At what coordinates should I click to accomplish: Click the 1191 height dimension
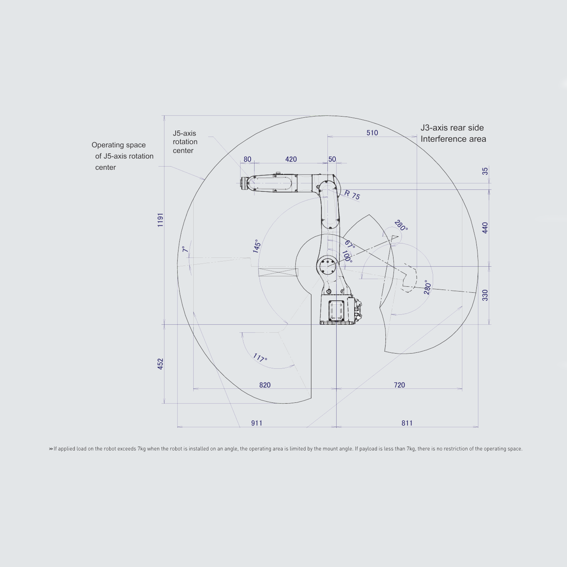[160, 220]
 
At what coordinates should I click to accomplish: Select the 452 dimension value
[160, 364]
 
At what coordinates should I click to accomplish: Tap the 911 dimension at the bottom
[257, 423]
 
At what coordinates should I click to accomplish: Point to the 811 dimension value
[407, 423]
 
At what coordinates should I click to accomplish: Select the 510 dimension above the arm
[372, 133]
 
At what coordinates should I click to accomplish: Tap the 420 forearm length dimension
[291, 159]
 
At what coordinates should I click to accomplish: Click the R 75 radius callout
[352, 195]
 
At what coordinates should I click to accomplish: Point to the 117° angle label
[260, 357]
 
